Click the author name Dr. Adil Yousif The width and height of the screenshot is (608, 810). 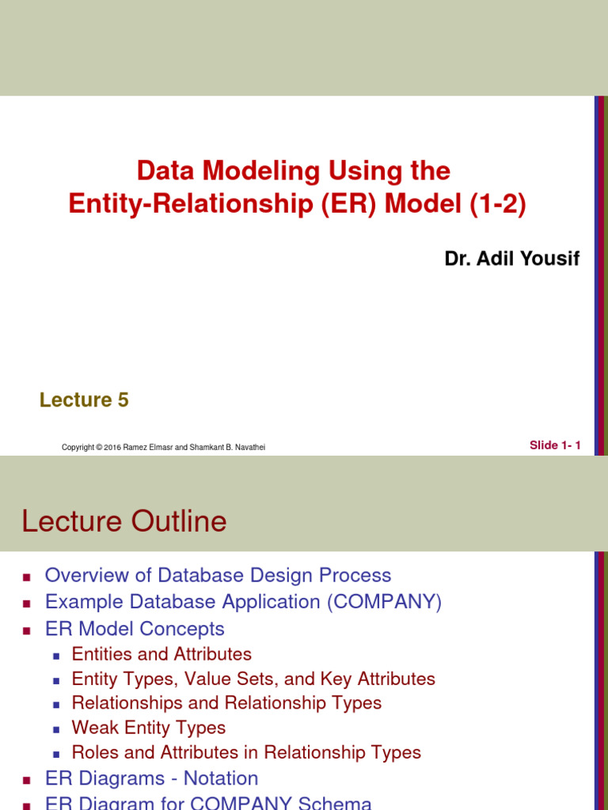tap(512, 259)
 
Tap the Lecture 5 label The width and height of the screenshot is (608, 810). tap(84, 400)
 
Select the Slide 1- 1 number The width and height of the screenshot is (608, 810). tap(555, 445)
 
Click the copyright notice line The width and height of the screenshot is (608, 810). tap(163, 448)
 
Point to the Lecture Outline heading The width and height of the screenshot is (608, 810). tap(124, 521)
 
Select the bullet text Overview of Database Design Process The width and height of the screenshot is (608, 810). tap(218, 576)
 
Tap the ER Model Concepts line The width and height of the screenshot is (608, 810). tap(135, 629)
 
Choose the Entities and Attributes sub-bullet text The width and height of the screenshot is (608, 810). tap(161, 654)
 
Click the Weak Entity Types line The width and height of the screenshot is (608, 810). tap(149, 728)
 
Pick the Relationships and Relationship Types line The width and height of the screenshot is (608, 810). tap(226, 703)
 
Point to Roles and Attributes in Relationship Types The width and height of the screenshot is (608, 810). tap(246, 752)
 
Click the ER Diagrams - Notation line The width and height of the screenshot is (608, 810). tap(152, 778)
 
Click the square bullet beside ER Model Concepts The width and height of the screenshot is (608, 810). tap(26, 630)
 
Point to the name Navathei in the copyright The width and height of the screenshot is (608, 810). tap(248, 448)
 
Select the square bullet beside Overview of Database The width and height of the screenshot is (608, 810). tap(26, 577)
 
